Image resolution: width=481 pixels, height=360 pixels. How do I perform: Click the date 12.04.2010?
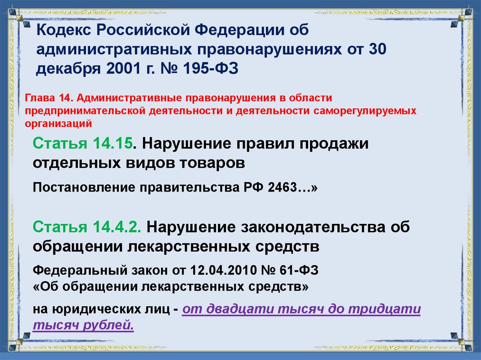point(221,271)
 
